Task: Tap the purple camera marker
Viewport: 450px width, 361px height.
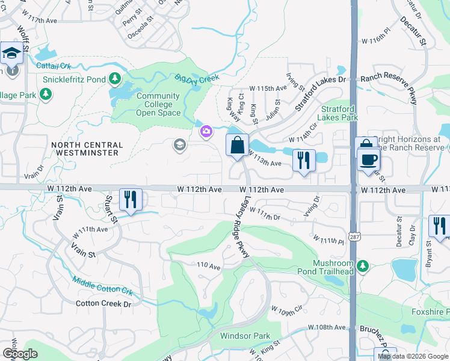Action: (206, 131)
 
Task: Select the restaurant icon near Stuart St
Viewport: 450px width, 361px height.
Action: (130, 199)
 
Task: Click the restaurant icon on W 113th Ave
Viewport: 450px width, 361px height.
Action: (303, 160)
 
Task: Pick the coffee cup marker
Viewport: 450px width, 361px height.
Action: (368, 159)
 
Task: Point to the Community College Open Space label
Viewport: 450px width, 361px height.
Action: (158, 104)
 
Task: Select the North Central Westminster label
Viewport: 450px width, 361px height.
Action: (87, 149)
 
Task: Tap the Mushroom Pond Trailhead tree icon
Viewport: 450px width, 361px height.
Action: (362, 265)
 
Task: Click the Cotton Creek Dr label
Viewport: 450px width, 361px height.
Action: (103, 304)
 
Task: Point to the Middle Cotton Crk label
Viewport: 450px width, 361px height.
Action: (102, 285)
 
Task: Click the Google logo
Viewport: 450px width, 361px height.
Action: (20, 354)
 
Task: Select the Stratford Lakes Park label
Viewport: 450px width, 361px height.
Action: (339, 113)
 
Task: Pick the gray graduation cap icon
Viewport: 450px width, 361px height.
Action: (179, 144)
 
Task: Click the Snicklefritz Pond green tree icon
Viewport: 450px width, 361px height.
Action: (115, 79)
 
